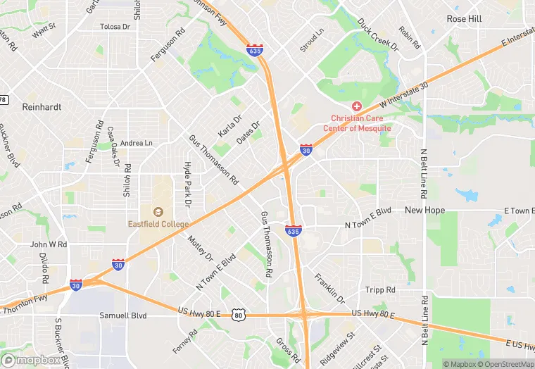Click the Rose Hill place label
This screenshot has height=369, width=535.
coord(465,19)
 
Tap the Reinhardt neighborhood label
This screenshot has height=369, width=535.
coord(42,107)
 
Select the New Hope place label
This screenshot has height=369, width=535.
coord(424,211)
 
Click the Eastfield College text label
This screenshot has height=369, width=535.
coord(158,224)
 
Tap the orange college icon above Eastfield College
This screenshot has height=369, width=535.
coord(158,211)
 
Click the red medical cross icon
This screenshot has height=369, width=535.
coord(357,106)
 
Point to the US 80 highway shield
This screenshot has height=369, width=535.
coord(239,315)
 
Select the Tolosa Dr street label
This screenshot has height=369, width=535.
coord(116,27)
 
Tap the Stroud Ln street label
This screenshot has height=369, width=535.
coord(312,41)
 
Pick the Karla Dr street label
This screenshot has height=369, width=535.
coord(229,125)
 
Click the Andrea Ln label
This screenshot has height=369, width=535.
coord(137,143)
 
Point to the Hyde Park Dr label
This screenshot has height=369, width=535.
coord(188,184)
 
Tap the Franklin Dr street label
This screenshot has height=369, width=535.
coord(330,288)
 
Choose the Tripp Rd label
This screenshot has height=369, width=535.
coord(380,290)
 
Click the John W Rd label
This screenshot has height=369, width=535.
coord(49,244)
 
